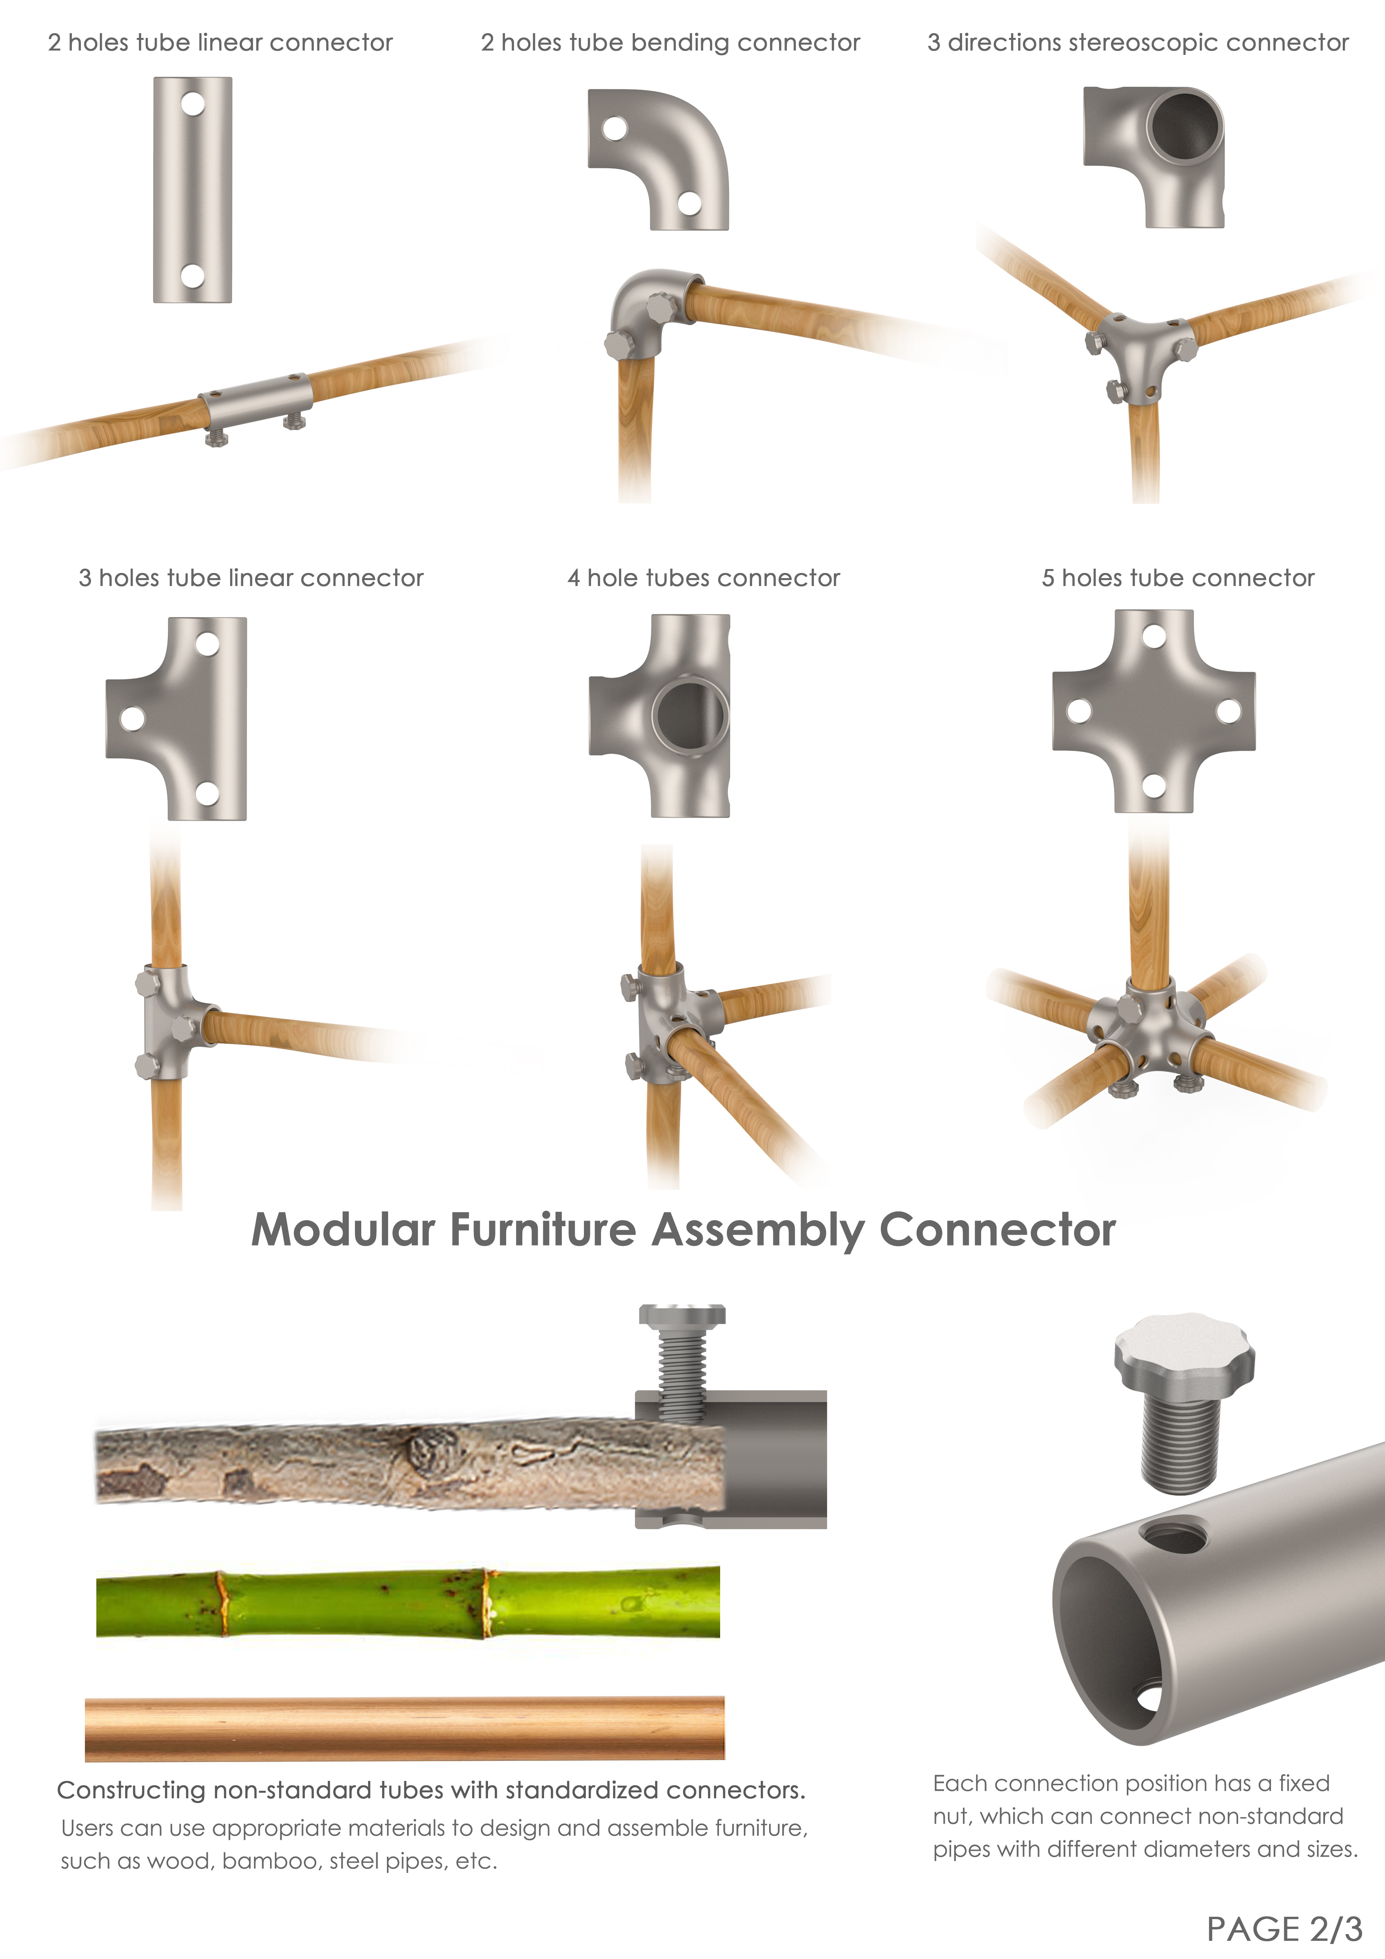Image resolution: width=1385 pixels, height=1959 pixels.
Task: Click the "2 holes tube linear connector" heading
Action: (x=220, y=43)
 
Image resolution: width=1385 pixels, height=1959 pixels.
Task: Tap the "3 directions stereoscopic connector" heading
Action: (x=1138, y=43)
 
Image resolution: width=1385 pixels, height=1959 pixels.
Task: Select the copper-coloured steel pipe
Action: (x=404, y=1728)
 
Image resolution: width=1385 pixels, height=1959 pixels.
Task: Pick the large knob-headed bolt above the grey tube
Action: (x=1184, y=1399)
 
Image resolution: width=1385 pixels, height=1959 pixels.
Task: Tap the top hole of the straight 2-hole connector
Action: (x=193, y=104)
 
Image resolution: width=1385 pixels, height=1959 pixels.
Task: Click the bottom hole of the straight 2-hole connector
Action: (x=193, y=276)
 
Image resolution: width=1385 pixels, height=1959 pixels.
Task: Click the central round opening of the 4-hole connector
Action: (x=689, y=715)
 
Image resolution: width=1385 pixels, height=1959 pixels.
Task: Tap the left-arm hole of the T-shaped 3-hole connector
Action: (x=132, y=717)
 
